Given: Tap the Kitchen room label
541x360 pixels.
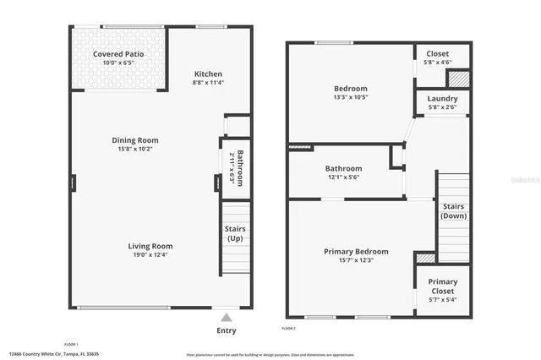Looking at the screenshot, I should (x=208, y=74).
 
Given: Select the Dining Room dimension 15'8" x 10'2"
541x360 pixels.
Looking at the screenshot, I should (x=135, y=150).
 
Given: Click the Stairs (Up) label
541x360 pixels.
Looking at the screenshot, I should (x=236, y=233).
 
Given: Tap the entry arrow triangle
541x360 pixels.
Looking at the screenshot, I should (x=226, y=318).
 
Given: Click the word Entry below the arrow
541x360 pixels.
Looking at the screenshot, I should (x=226, y=330).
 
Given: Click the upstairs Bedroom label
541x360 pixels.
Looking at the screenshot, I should (x=350, y=88).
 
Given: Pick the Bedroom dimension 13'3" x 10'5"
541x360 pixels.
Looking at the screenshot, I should (x=350, y=97).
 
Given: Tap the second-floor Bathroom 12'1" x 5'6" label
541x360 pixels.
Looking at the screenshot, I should (x=343, y=172).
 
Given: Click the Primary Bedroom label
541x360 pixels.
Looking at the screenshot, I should (x=356, y=251).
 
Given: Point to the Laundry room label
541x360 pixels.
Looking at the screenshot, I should (x=442, y=98).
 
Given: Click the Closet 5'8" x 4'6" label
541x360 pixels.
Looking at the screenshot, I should (x=437, y=56).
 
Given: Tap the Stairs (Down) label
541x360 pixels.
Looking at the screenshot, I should (x=453, y=210).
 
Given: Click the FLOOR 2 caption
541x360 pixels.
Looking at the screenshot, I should (x=287, y=327).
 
